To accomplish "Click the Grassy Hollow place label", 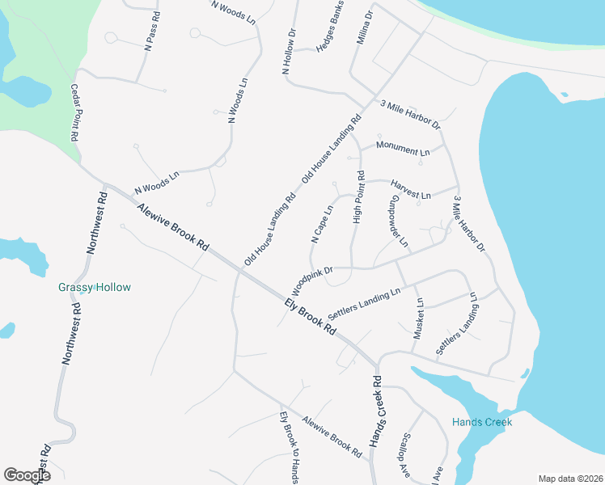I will tap(95, 287).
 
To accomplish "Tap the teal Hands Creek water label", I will tap(482, 422).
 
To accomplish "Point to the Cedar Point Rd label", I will tap(76, 113).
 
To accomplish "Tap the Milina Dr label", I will tap(364, 28).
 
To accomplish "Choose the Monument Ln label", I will tap(403, 151).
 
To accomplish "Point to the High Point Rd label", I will tap(358, 197).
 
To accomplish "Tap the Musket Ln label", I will tap(419, 318).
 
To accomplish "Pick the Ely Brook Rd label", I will tap(310, 316).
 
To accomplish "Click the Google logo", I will tap(27, 474).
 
